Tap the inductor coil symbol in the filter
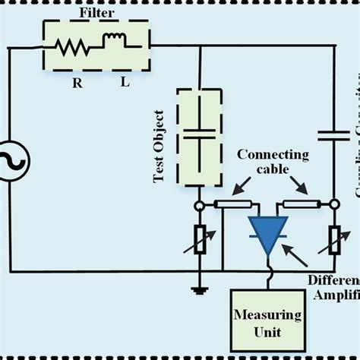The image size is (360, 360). point(113,42)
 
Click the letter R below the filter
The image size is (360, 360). point(77,82)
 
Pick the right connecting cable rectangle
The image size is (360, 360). point(302,204)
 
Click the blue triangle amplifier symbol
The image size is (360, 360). point(269,234)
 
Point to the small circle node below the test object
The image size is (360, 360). point(199,204)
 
